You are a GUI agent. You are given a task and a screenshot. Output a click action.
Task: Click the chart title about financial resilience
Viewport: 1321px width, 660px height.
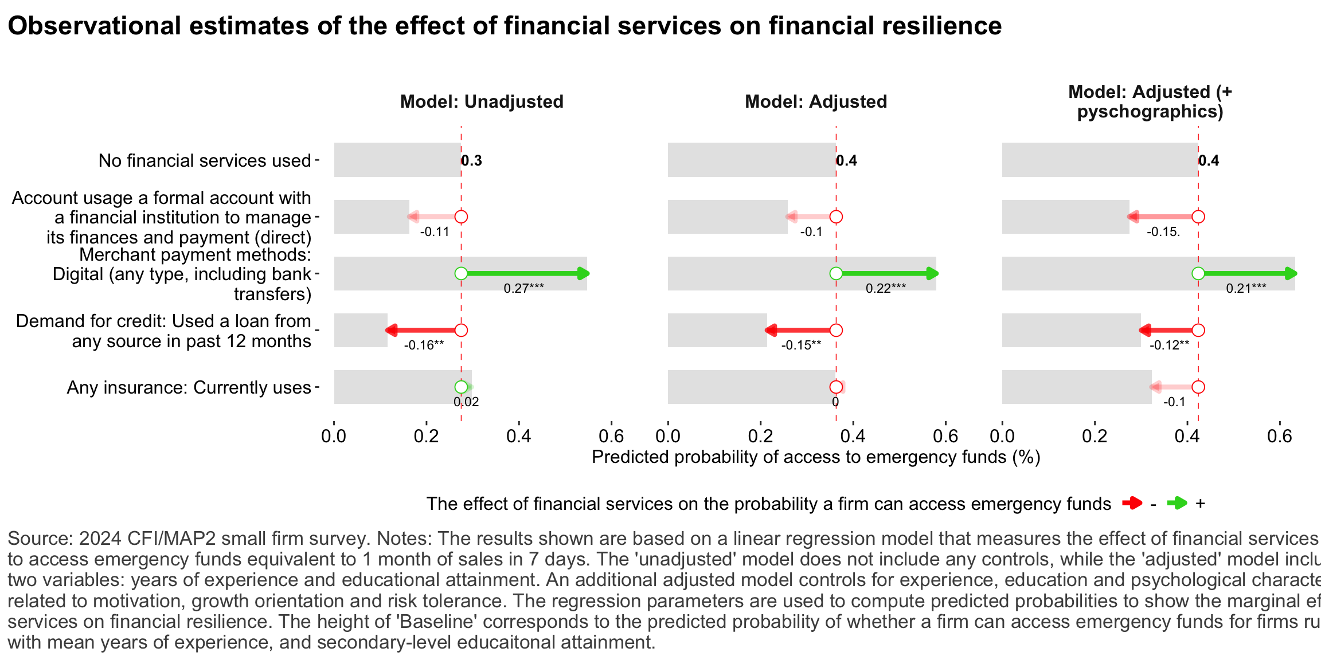505,26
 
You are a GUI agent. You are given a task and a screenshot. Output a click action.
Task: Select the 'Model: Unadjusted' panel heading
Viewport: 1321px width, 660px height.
482,102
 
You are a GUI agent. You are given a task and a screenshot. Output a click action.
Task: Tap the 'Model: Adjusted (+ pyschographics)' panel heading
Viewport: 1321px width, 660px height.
1150,101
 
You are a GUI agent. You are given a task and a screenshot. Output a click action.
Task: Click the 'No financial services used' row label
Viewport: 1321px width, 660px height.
205,160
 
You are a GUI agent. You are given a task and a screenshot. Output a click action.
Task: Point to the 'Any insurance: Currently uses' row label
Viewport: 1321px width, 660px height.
189,387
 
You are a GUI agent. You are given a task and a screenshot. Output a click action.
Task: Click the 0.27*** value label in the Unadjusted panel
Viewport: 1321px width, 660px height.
523,288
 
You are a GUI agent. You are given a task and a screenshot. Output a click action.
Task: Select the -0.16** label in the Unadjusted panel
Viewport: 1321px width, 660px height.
424,345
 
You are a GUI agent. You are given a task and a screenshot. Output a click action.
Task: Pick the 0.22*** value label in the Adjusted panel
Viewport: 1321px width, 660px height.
886,288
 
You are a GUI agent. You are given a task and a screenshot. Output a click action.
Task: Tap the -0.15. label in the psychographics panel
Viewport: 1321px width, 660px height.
1163,232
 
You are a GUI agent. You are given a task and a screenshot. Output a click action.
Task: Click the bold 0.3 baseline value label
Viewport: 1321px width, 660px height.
472,160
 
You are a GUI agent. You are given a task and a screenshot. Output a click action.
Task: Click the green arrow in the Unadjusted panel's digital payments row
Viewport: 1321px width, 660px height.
525,274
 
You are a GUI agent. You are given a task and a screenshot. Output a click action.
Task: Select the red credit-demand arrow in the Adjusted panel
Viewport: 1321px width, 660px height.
800,330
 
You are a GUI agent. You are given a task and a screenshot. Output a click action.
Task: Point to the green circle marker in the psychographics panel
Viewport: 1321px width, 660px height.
1198,274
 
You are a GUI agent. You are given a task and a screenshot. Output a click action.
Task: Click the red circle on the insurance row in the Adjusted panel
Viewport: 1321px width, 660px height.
836,387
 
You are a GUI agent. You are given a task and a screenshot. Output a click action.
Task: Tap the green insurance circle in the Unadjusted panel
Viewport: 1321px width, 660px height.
461,387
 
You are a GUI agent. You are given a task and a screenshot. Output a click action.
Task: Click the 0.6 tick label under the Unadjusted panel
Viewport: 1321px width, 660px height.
611,437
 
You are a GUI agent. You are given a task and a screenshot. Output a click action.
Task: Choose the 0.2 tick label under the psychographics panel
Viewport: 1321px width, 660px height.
1095,437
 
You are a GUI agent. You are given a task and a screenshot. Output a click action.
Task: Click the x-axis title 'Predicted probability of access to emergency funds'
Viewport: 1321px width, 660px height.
815,457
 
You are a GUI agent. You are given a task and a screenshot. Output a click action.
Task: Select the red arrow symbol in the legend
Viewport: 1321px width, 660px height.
1132,504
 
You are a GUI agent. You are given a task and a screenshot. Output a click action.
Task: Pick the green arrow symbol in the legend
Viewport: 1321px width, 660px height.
1177,504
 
